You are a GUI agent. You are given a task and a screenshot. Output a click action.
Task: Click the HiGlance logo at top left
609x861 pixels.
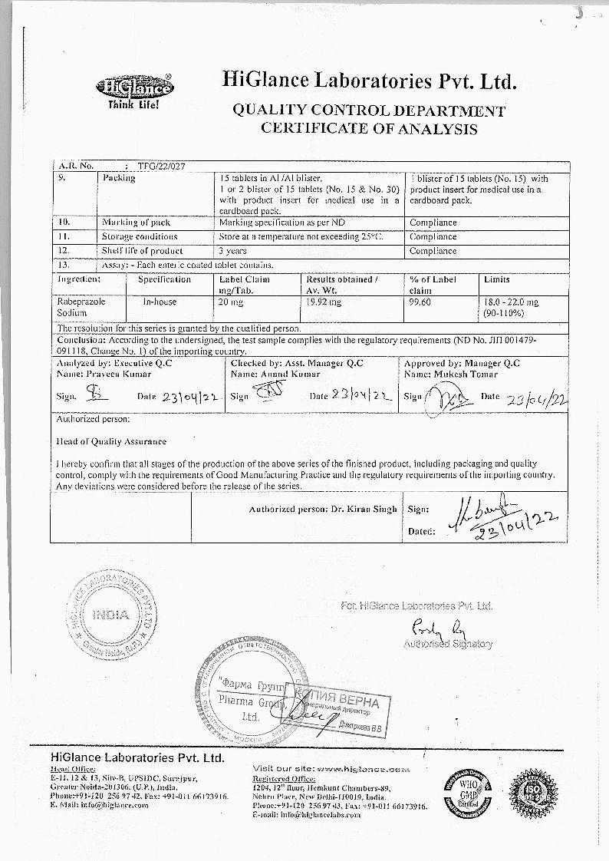[134, 90]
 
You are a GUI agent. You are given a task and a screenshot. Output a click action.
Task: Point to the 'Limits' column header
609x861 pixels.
[497, 280]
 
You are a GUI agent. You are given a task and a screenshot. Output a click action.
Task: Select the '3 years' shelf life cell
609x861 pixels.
[232, 251]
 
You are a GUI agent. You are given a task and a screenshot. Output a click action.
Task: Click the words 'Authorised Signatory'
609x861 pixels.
[448, 645]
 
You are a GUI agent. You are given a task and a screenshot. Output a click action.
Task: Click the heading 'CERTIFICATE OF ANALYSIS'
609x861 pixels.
[369, 128]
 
